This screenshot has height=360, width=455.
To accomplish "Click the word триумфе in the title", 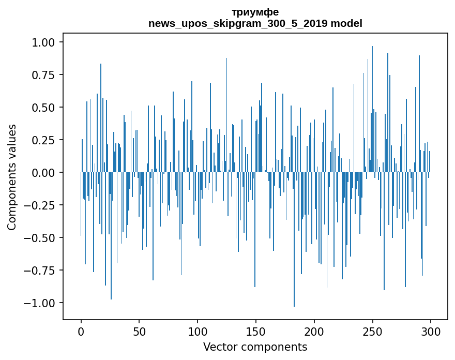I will point(255,12).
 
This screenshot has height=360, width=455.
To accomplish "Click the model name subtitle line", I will point(255,24).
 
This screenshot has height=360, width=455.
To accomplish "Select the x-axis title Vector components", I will point(255,347).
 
